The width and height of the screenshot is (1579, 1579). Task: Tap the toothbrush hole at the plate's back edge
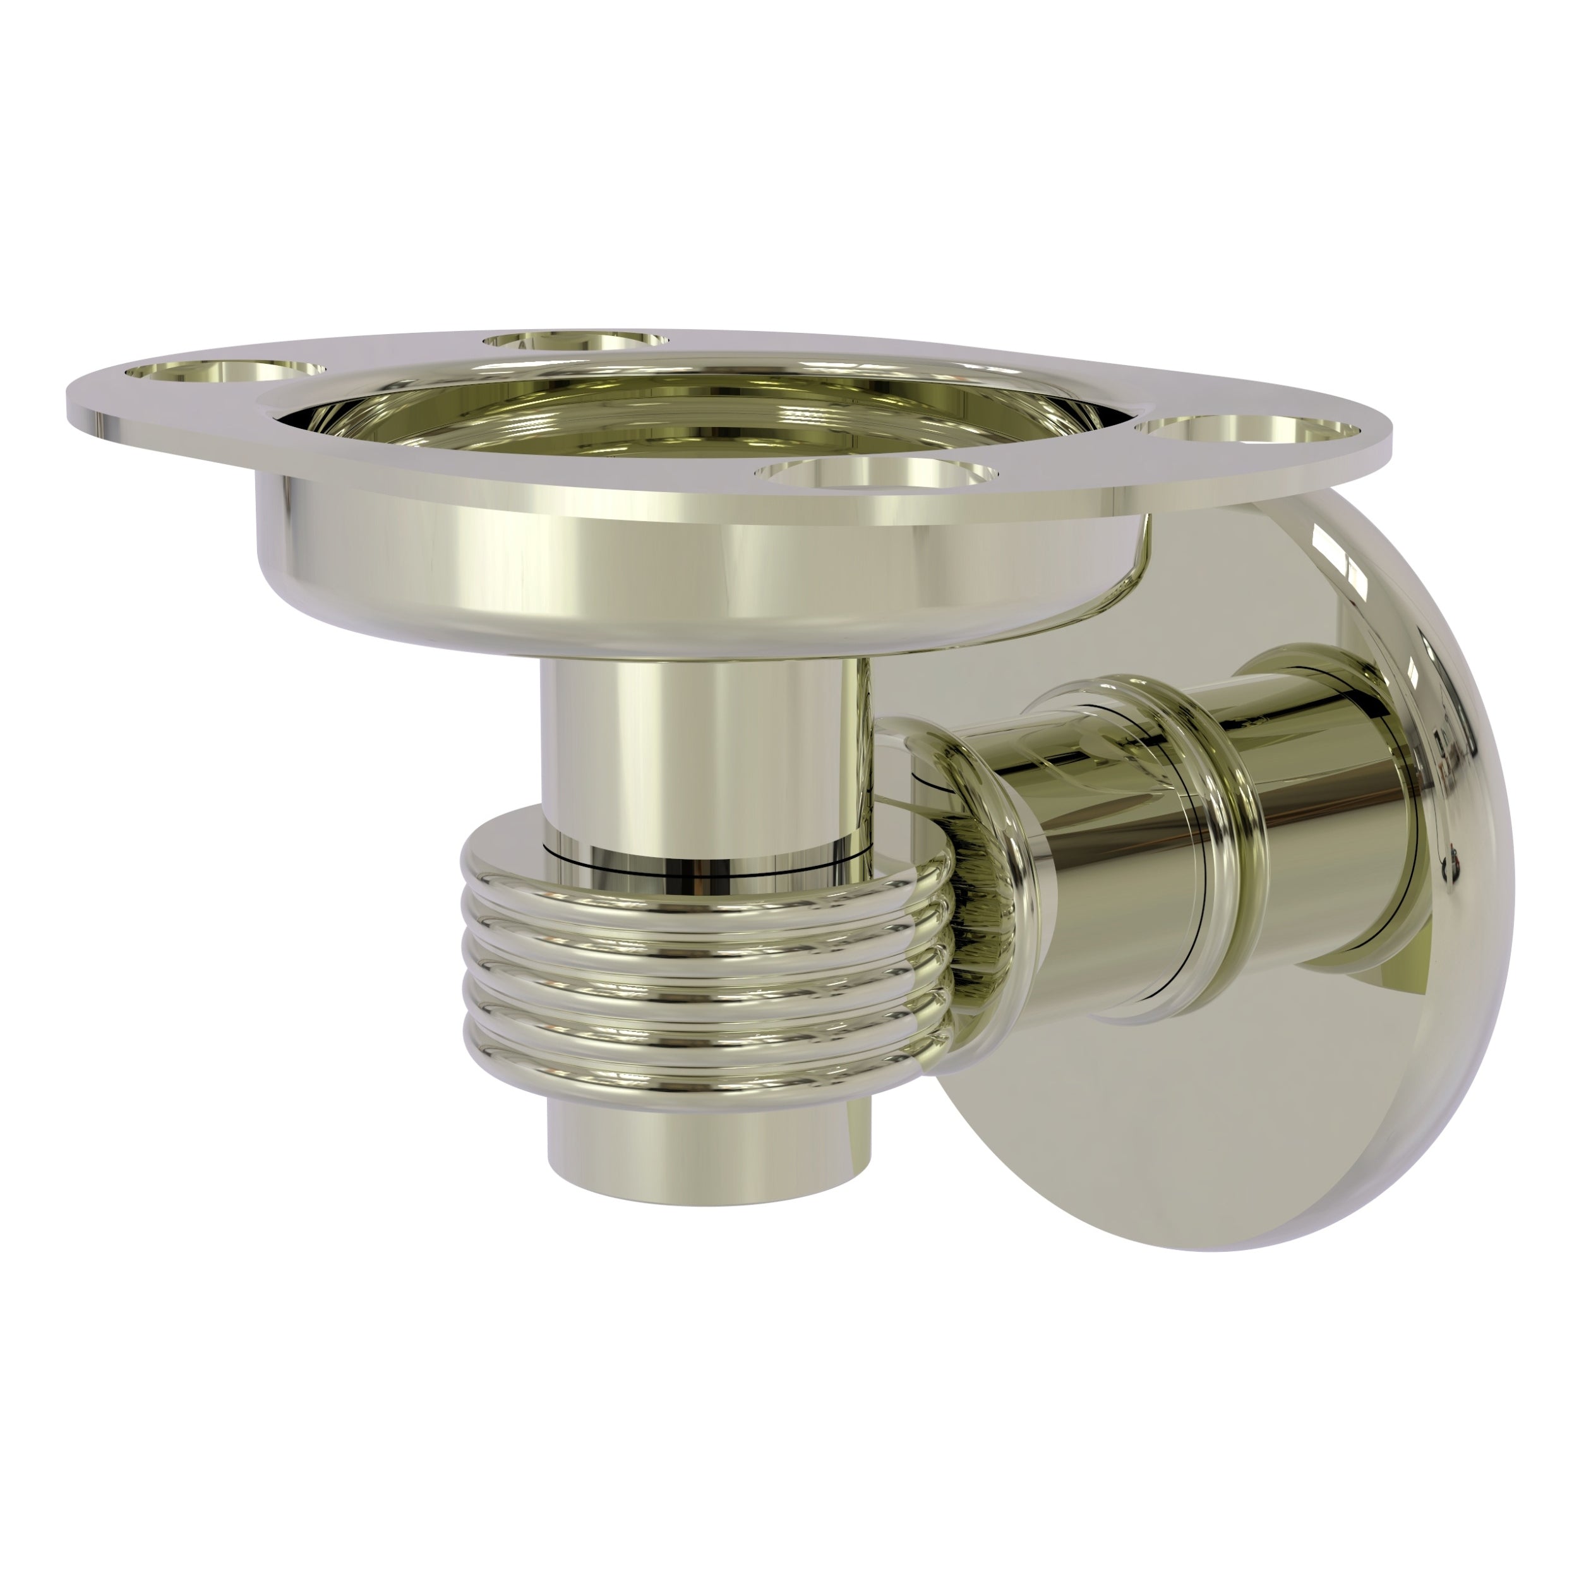[x=575, y=341]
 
